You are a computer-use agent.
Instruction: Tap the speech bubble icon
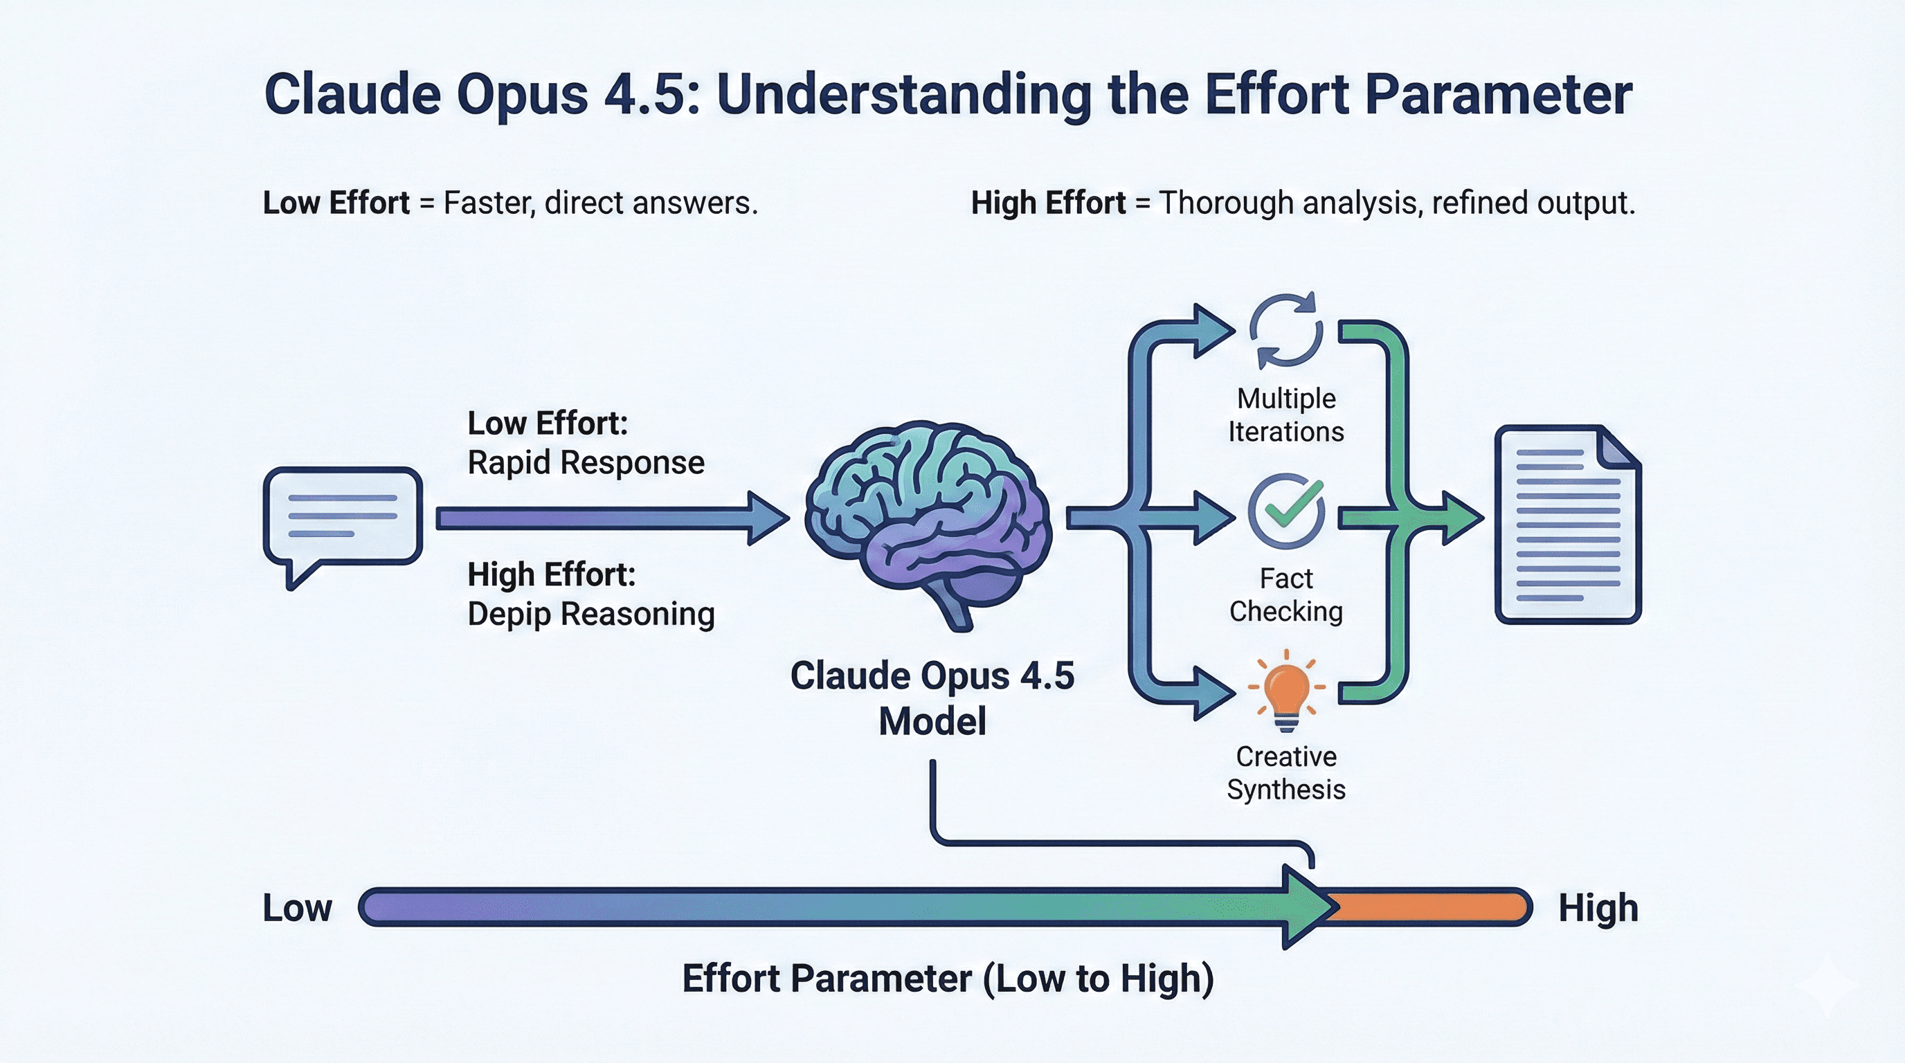(343, 518)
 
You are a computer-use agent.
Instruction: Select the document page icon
(1567, 524)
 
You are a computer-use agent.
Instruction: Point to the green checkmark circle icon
(1286, 510)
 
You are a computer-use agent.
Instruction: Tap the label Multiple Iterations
(1286, 415)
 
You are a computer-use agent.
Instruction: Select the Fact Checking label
(1286, 594)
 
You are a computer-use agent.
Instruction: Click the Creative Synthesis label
(1286, 772)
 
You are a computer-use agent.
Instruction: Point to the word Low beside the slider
(297, 908)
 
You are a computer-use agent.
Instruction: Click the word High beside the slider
(1598, 908)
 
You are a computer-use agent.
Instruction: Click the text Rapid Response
(586, 463)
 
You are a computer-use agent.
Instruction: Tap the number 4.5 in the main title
(651, 95)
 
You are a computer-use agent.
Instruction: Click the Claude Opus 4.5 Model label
(932, 698)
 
